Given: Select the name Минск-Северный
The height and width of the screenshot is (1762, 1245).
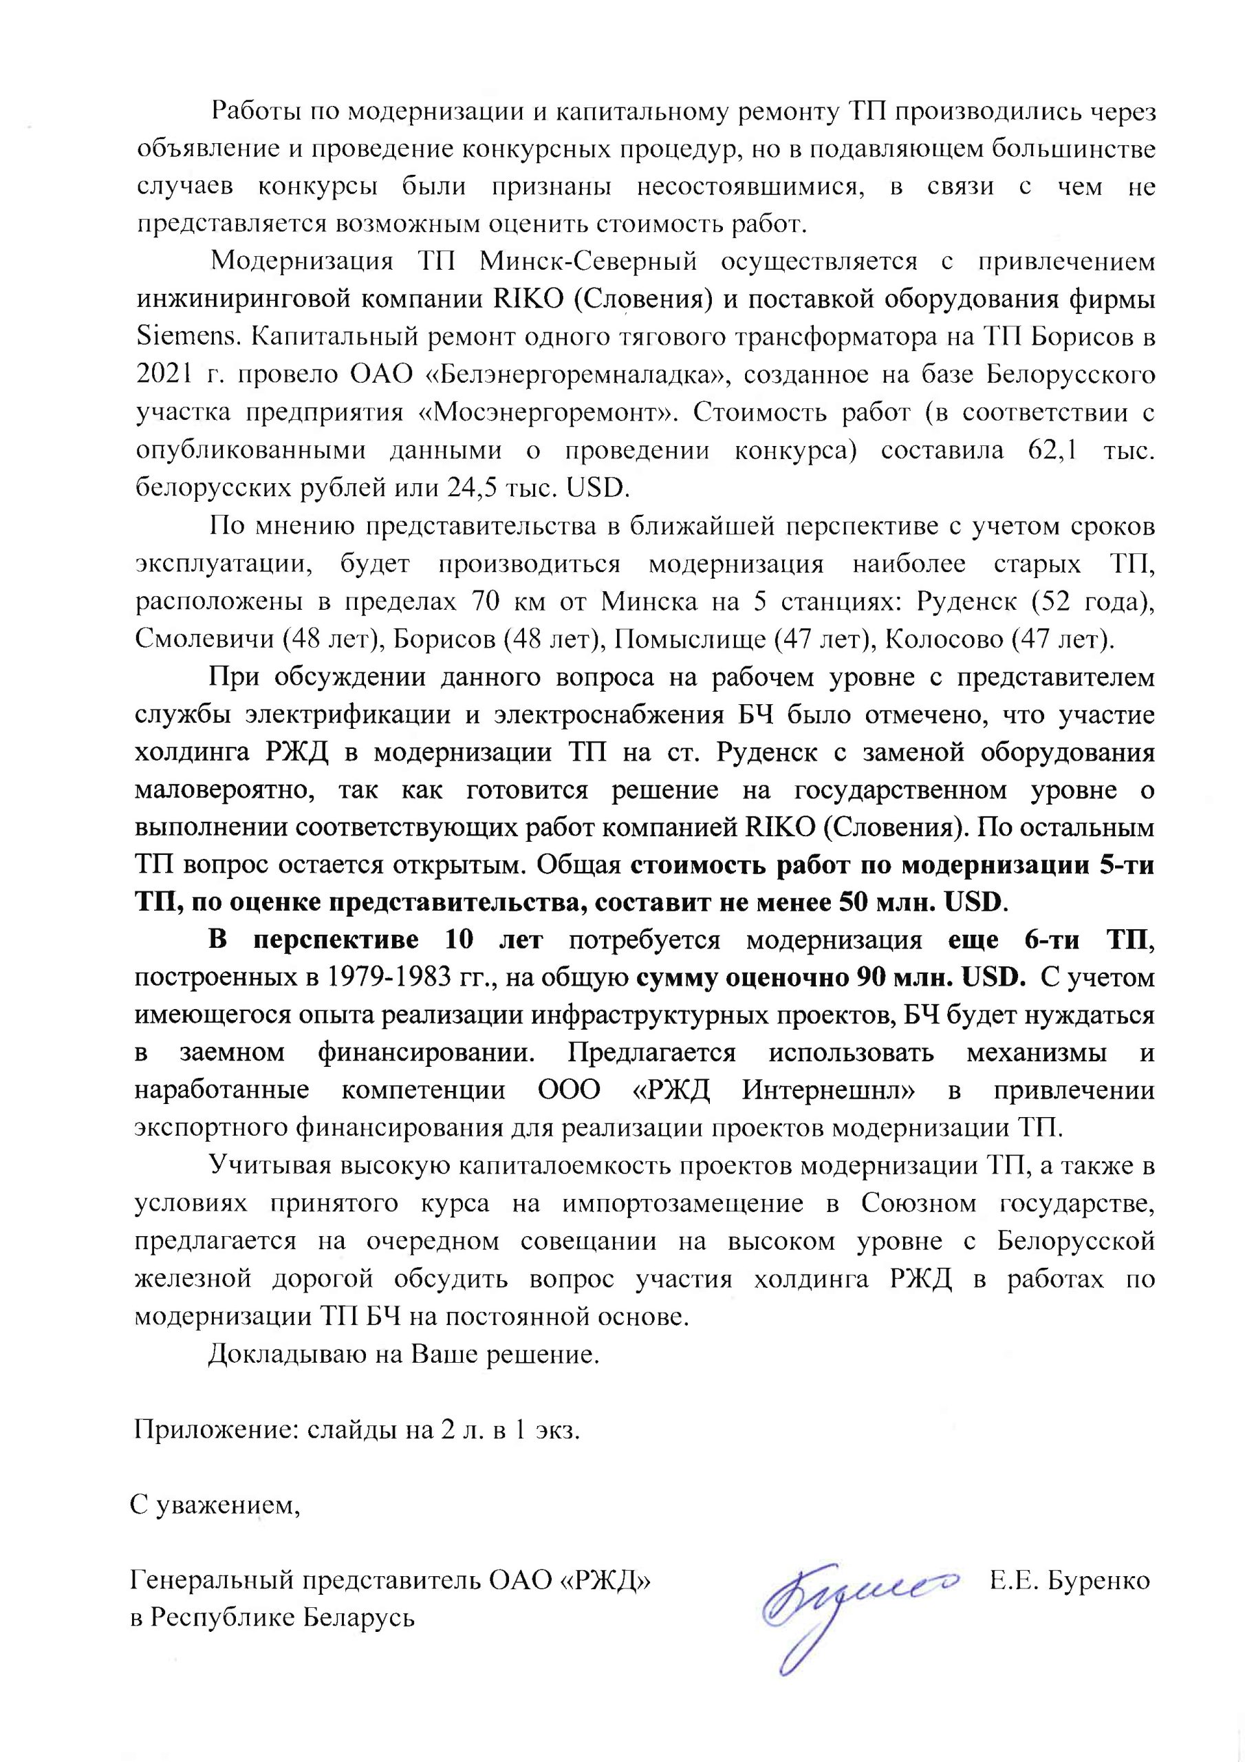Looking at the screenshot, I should (x=588, y=262).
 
